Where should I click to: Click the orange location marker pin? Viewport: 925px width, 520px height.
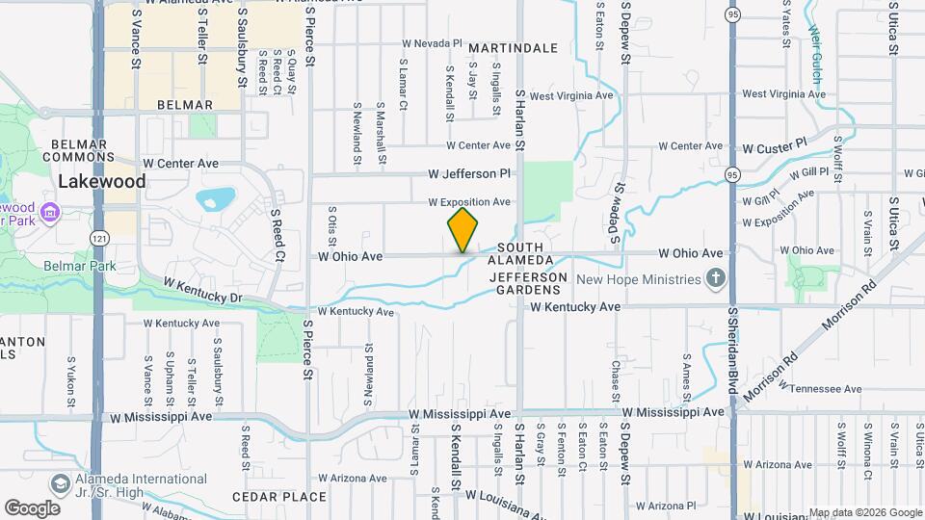pos(462,230)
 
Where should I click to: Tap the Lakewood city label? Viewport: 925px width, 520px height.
pos(101,181)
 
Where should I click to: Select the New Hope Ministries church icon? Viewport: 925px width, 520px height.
pos(715,279)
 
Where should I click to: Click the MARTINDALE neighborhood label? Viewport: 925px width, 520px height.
pos(514,47)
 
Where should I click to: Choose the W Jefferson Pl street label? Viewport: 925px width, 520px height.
pos(469,174)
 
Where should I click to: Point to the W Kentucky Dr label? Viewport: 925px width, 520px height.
pos(202,291)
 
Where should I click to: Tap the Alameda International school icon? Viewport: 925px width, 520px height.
pos(61,481)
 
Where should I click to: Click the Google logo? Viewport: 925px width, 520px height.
pos(32,507)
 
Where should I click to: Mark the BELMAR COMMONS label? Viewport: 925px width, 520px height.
pos(79,150)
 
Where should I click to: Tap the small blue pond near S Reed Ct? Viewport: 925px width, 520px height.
pos(216,199)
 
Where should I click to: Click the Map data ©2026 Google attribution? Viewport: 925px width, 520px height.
pos(864,512)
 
